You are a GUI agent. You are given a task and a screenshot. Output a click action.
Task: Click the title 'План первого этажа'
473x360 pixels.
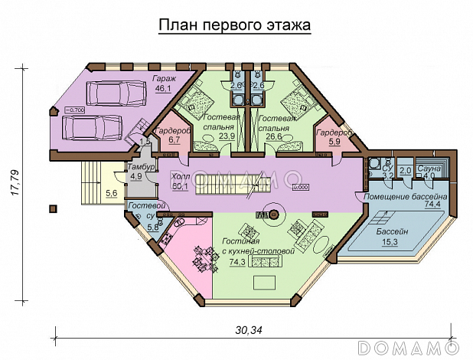click(x=234, y=25)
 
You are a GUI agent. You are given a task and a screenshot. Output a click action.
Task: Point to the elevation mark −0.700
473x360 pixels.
click(x=75, y=110)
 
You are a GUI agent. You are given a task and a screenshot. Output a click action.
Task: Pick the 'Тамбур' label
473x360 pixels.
click(x=142, y=167)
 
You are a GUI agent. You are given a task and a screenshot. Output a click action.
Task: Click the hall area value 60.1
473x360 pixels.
click(x=181, y=185)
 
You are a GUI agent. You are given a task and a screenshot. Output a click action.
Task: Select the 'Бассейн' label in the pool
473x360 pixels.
click(x=393, y=231)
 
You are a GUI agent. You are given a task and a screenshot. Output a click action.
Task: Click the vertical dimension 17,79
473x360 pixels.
click(x=16, y=183)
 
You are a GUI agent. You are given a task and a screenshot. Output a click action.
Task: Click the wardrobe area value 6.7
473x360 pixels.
click(x=173, y=140)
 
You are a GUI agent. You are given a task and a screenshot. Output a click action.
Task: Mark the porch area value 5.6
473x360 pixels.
click(x=111, y=194)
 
